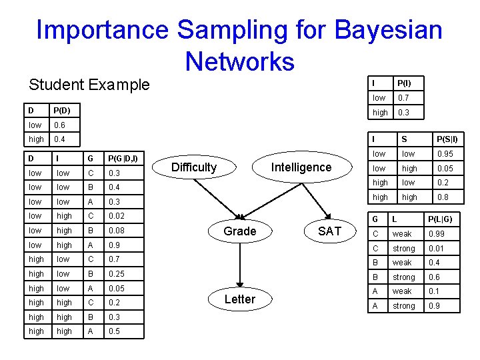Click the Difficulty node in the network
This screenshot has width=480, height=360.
tap(194, 167)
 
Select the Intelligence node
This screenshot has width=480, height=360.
tap(301, 167)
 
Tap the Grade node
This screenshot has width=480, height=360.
tap(239, 231)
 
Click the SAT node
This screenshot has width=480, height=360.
tap(329, 231)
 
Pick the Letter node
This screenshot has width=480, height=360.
tap(239, 299)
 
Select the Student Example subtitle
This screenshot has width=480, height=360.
tap(89, 85)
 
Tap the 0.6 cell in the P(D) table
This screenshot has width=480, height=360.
tap(60, 125)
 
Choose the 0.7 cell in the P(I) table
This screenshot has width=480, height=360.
tap(403, 98)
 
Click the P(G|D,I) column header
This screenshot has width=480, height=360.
tap(123, 158)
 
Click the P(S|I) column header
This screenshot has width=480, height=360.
tap(447, 139)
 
